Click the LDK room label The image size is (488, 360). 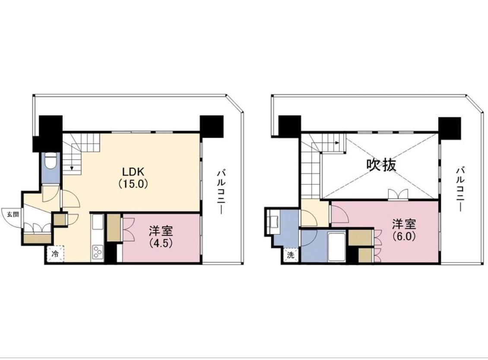[x=133, y=171]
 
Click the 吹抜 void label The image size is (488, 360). [x=381, y=164]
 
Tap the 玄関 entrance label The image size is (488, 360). [x=13, y=214]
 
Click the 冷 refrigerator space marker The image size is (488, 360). [x=55, y=254]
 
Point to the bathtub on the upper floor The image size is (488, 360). [x=336, y=246]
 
